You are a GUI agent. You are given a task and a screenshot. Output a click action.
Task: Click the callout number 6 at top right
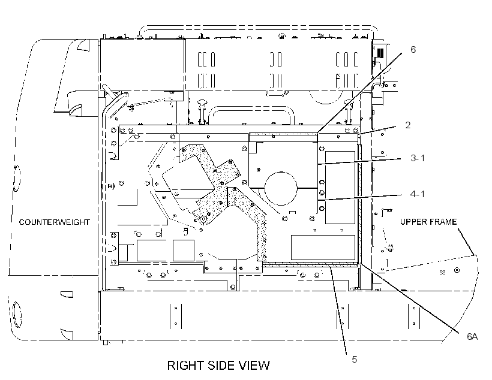(x=413, y=50)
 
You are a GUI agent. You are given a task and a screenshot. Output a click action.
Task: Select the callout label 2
(x=407, y=125)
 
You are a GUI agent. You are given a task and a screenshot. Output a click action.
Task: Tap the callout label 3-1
(x=418, y=158)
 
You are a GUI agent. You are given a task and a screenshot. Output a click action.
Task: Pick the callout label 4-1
(x=418, y=194)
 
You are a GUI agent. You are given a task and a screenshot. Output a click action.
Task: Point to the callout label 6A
(x=472, y=337)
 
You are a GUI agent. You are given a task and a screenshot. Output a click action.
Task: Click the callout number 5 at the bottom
(x=354, y=359)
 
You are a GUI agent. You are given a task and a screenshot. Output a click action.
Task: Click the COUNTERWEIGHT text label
(x=54, y=222)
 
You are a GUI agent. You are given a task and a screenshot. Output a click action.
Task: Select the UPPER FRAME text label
(x=428, y=222)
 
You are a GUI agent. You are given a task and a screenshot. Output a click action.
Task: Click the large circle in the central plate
(x=281, y=188)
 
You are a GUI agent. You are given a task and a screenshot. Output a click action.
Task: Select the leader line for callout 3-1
(x=359, y=161)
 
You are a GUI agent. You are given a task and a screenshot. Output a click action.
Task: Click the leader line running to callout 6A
(x=408, y=297)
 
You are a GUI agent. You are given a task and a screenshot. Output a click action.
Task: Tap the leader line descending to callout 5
(x=339, y=311)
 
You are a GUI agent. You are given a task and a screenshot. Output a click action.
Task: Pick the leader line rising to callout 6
(x=359, y=93)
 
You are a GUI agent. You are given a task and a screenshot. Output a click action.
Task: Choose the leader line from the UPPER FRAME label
(x=466, y=242)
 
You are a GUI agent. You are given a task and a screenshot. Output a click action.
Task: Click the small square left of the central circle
(x=258, y=170)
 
